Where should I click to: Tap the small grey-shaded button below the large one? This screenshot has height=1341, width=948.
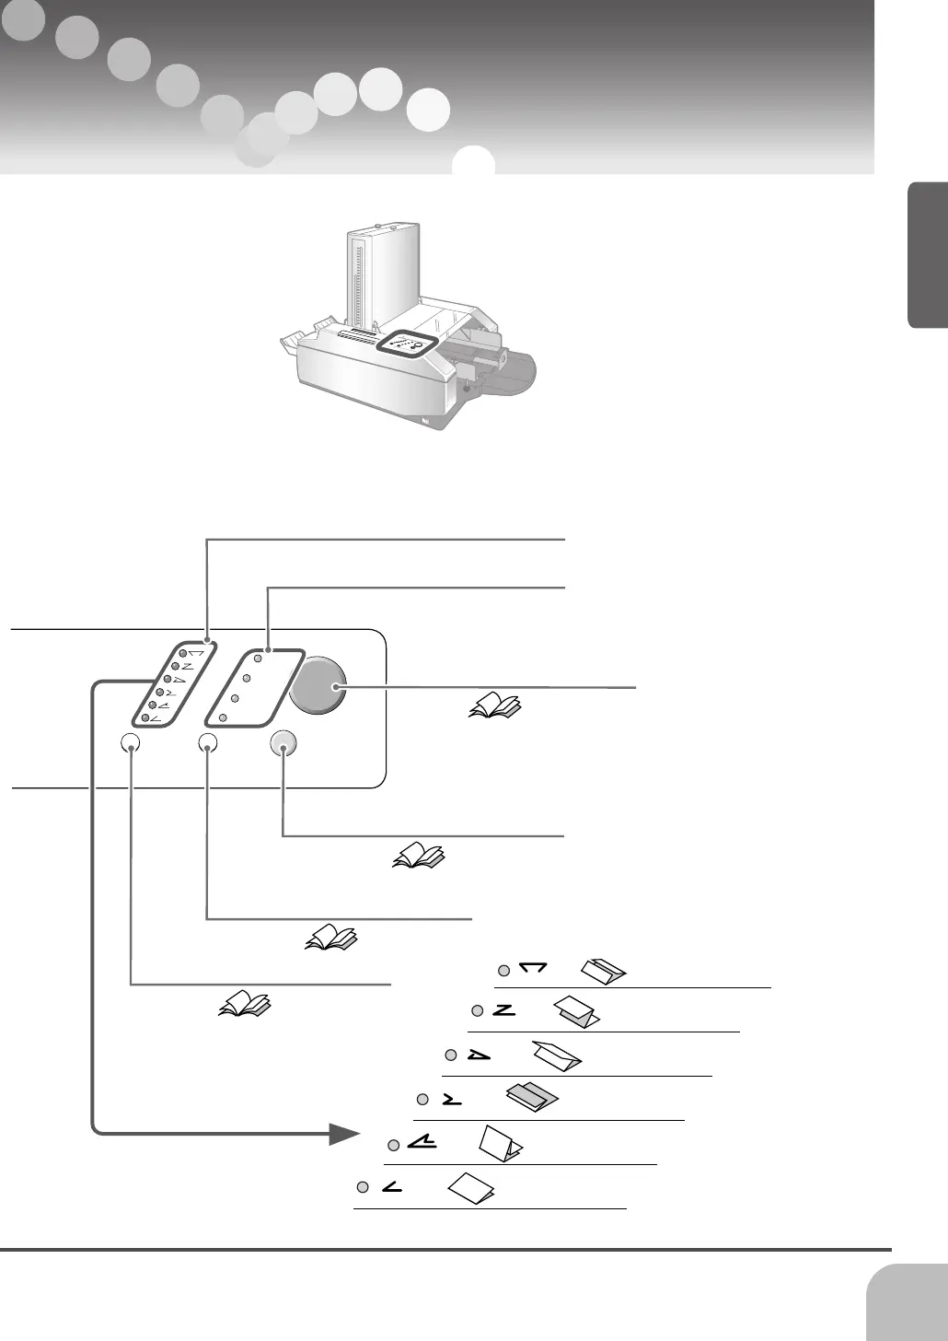point(283,743)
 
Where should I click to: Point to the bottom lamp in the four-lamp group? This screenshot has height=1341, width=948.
point(224,717)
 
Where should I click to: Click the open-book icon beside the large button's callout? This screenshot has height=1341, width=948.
point(495,706)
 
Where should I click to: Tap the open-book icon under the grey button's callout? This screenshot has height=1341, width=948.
point(419,856)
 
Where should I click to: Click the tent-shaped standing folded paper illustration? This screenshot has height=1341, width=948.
point(501,1143)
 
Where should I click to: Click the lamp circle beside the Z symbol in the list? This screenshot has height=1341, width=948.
point(477,1012)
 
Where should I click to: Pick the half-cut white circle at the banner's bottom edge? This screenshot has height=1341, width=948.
point(474,161)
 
